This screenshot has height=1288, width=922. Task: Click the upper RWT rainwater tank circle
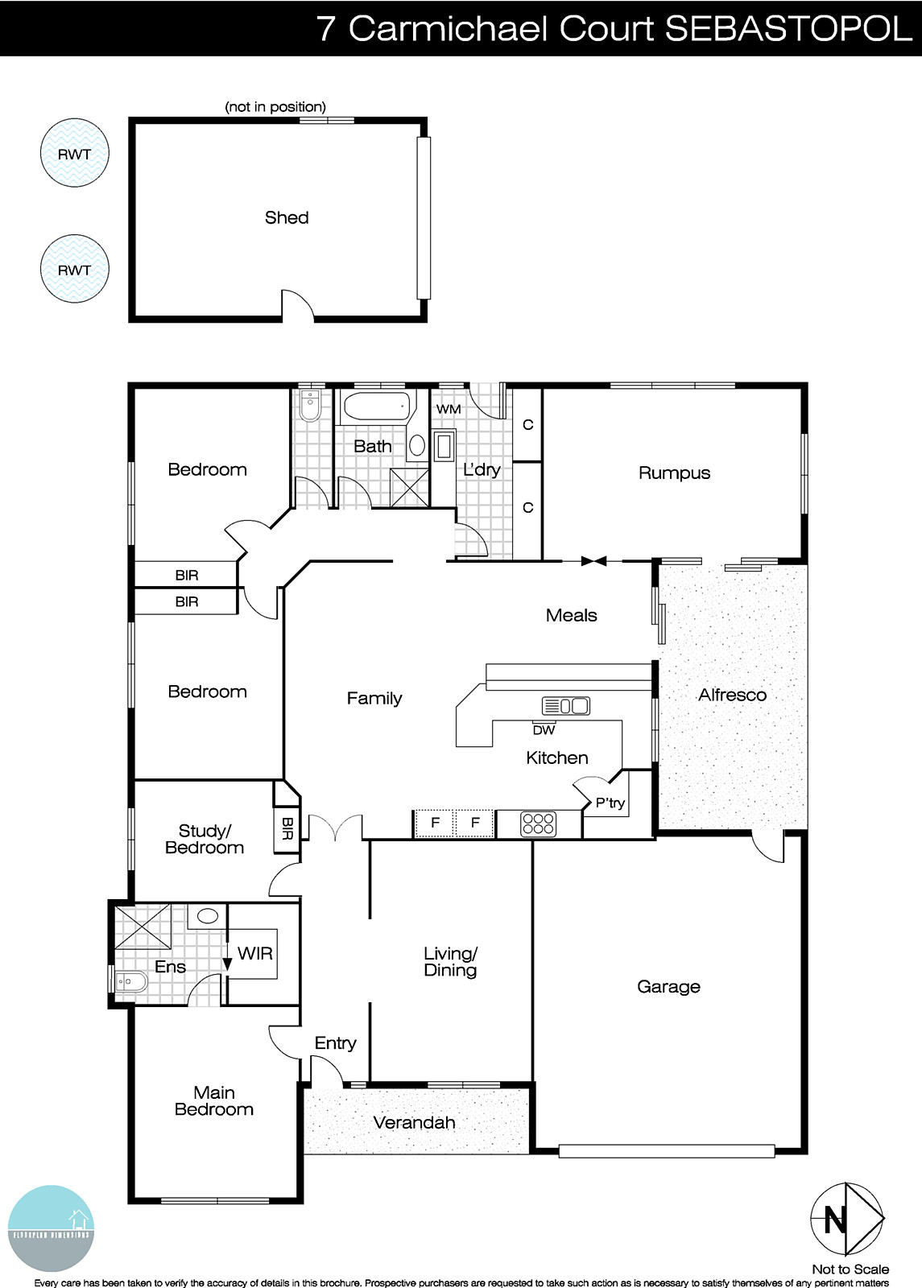click(x=74, y=153)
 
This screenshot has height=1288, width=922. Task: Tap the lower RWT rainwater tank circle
click(x=74, y=269)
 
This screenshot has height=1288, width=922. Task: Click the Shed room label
click(x=287, y=217)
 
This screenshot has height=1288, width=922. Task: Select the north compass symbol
click(x=847, y=1222)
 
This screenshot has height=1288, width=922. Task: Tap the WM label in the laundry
click(x=449, y=409)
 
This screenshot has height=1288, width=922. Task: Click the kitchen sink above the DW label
click(x=566, y=706)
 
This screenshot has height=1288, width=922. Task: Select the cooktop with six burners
click(x=539, y=824)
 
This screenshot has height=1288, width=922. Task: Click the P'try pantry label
click(x=610, y=803)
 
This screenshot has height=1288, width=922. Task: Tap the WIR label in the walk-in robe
click(x=255, y=953)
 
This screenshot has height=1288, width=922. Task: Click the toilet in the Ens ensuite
click(x=130, y=981)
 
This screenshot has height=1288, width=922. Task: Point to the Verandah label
click(x=414, y=1122)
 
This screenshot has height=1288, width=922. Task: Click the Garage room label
click(x=668, y=986)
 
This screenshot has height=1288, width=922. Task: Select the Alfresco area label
click(x=732, y=695)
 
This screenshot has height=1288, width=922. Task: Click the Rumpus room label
click(x=674, y=473)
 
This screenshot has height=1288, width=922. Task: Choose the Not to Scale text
click(x=850, y=1269)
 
